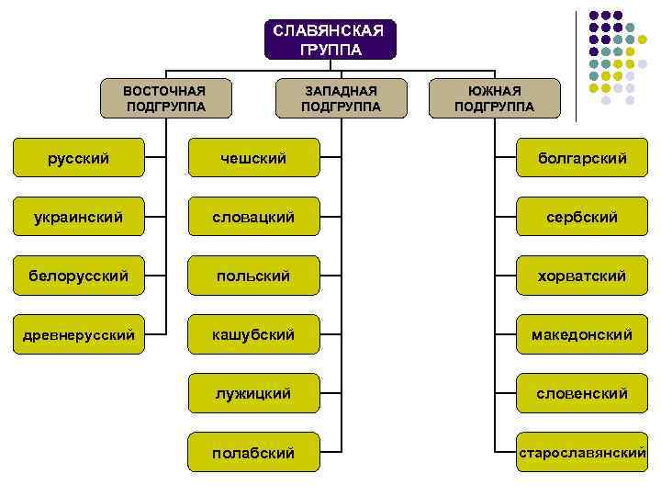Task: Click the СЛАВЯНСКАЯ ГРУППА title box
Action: (330, 39)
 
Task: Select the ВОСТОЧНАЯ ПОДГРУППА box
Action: (165, 98)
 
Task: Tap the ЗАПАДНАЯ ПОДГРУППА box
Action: (341, 98)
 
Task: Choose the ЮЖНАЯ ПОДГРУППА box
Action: (494, 98)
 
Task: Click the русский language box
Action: (79, 158)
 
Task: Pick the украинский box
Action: (79, 217)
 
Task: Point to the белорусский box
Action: (79, 276)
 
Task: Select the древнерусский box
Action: (79, 334)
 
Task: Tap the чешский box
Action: (253, 158)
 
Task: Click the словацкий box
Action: (253, 217)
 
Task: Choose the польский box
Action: (253, 276)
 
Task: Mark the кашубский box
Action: (253, 334)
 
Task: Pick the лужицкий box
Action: (253, 393)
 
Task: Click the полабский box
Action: (253, 452)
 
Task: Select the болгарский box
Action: (582, 158)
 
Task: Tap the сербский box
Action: (582, 217)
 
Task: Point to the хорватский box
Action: (582, 276)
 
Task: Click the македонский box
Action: (582, 334)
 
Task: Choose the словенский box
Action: (582, 393)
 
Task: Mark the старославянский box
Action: (582, 452)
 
